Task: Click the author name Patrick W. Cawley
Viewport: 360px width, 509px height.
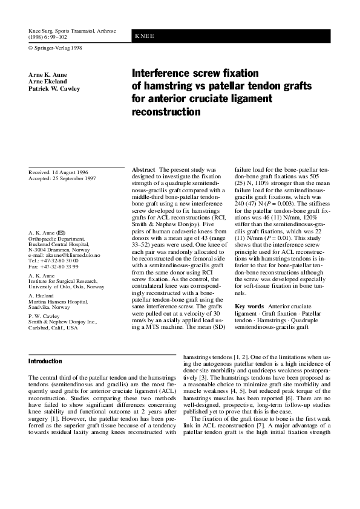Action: tap(54, 88)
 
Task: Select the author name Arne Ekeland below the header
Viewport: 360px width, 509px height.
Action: tap(47, 81)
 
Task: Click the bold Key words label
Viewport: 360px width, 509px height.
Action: tap(249, 307)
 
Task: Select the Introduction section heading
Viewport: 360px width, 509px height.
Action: tap(45, 361)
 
